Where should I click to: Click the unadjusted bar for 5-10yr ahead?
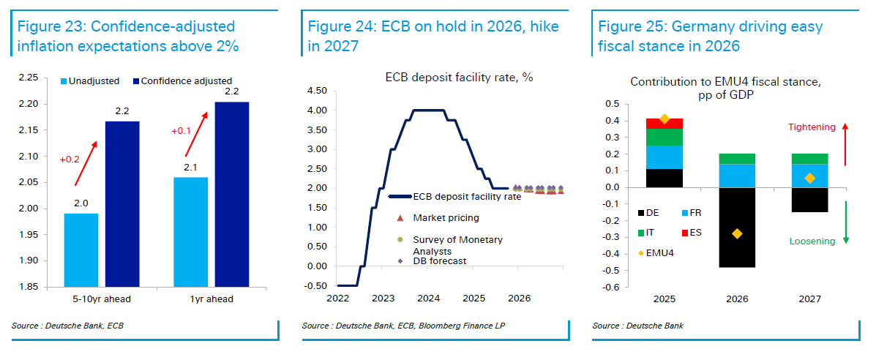tap(81, 250)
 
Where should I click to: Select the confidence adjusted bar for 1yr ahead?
tap(231, 194)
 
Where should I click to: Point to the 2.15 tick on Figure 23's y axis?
tap(28, 130)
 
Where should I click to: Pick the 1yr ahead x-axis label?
tap(211, 299)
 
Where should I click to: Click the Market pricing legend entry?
tap(446, 218)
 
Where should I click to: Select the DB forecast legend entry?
tap(441, 260)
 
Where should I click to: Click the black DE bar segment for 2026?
tap(736, 228)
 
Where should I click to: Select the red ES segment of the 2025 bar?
tap(665, 123)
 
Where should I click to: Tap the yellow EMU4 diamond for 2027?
tap(809, 178)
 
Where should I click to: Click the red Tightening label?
tap(811, 127)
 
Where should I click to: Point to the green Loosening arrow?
tap(846, 222)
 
